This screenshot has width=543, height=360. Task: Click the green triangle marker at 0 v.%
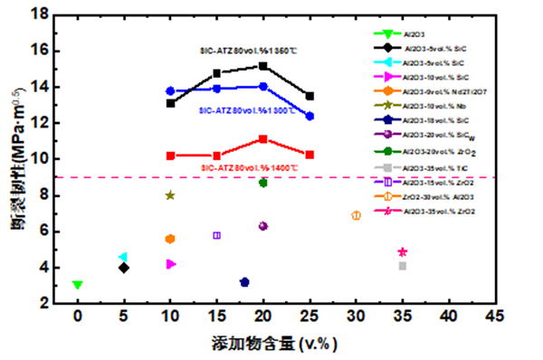78,285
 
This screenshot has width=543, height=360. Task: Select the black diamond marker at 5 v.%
124,268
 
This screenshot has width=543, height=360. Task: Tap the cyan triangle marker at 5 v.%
123,257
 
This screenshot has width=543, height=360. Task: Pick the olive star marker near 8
170,195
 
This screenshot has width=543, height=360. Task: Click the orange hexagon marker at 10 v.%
170,239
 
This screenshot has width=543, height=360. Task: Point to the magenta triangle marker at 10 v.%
171,264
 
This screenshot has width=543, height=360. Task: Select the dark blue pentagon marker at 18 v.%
244,282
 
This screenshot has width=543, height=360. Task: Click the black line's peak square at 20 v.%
263,66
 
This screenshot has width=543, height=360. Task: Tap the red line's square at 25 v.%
310,155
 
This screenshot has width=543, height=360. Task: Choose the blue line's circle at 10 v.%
170,90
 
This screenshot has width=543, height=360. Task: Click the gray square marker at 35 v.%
403,266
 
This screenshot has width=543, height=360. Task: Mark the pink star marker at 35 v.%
403,252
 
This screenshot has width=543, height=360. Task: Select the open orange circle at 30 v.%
356,215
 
